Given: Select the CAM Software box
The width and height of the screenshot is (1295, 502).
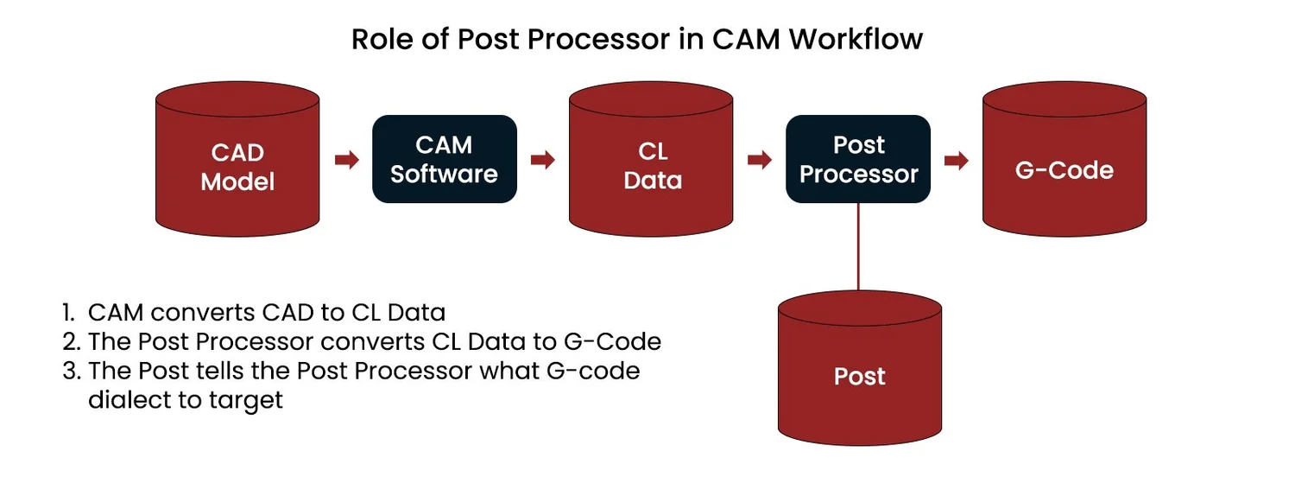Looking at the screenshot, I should [444, 160].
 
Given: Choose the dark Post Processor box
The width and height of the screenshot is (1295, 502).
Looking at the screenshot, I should [858, 160].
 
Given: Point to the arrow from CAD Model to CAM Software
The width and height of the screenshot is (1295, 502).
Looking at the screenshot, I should [346, 160].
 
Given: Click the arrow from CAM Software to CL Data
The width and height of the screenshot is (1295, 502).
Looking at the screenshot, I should [543, 160].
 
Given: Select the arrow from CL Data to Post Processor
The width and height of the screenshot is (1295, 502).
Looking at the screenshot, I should [760, 160].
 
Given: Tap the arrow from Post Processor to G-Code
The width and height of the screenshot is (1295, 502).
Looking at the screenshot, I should [957, 160].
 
